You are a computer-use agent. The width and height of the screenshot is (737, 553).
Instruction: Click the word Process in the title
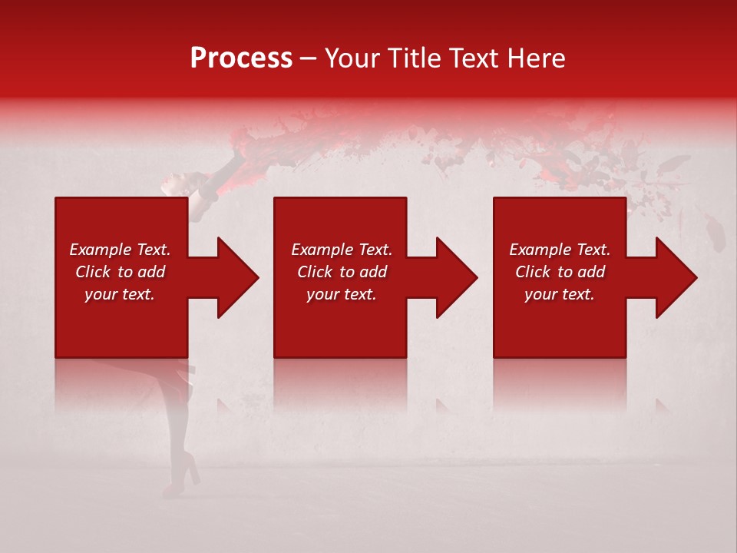coord(241,58)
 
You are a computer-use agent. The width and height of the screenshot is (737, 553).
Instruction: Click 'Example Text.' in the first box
coord(120,250)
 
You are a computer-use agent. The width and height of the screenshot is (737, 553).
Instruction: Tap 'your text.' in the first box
coord(120,294)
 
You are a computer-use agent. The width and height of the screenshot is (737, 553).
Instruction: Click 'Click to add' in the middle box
coord(342,272)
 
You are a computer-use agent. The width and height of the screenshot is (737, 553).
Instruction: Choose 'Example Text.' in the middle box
coord(342,250)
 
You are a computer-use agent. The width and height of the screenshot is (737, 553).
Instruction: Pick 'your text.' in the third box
coord(560,294)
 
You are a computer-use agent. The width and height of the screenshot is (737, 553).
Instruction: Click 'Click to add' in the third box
coord(560,272)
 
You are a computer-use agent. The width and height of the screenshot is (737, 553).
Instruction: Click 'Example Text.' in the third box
coord(560,250)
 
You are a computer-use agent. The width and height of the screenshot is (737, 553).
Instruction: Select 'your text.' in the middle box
coord(342,294)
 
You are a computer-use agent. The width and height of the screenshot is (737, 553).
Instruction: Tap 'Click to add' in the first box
coord(120,272)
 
